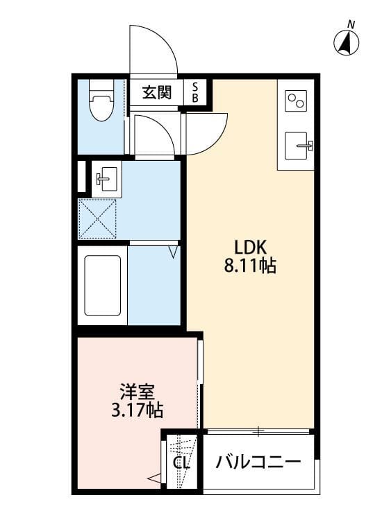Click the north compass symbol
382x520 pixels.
[x=346, y=43]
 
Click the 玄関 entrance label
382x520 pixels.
[x=157, y=92]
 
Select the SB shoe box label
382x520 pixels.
[x=195, y=92]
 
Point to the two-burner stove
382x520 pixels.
[x=296, y=101]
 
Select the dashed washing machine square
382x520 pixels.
[x=97, y=219]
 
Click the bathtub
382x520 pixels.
[x=102, y=285]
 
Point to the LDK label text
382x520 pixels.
[x=251, y=247]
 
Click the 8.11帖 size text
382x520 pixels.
[x=250, y=266]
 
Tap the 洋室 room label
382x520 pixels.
[x=137, y=392]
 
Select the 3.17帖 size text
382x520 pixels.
[x=137, y=410]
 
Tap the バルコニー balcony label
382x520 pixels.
[x=258, y=462]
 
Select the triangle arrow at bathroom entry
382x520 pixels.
[x=174, y=252]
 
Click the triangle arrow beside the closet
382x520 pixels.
[x=153, y=478]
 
